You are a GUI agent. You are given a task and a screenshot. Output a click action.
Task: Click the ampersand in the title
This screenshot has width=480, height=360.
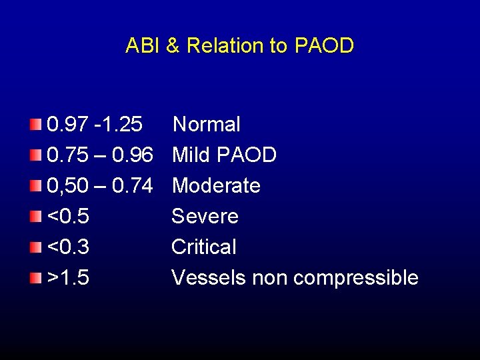[x=173, y=46]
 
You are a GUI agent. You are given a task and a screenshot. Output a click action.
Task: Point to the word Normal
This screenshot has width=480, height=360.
[x=207, y=124]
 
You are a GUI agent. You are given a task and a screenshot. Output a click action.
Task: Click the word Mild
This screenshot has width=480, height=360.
[x=191, y=155]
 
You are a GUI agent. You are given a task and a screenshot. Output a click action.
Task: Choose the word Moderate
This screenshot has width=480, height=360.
[x=216, y=185]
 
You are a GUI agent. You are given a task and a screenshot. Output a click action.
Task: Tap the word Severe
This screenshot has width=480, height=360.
[x=205, y=216]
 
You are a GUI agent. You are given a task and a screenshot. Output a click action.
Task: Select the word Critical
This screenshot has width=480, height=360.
[x=203, y=247]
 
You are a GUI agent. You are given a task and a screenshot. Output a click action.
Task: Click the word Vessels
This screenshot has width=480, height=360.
[x=209, y=277]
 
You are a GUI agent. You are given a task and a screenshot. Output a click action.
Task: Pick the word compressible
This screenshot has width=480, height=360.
[x=355, y=277]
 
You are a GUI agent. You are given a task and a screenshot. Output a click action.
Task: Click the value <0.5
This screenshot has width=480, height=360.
[x=69, y=216]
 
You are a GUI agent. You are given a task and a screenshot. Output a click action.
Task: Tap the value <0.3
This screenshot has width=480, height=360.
[x=69, y=247]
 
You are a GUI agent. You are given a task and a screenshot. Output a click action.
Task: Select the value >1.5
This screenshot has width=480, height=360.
[x=69, y=277]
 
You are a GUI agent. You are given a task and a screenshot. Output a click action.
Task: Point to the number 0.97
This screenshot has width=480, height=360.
[x=69, y=124]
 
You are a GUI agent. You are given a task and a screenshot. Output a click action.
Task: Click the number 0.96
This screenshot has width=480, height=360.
[x=133, y=155]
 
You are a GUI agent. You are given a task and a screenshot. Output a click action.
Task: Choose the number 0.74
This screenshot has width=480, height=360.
[x=133, y=185]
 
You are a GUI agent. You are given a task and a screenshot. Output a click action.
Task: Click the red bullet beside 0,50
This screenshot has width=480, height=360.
[x=35, y=185]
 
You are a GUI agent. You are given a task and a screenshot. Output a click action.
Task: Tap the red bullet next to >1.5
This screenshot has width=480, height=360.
[x=35, y=277]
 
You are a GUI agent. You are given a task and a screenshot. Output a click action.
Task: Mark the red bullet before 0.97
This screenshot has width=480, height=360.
[x=35, y=123]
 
